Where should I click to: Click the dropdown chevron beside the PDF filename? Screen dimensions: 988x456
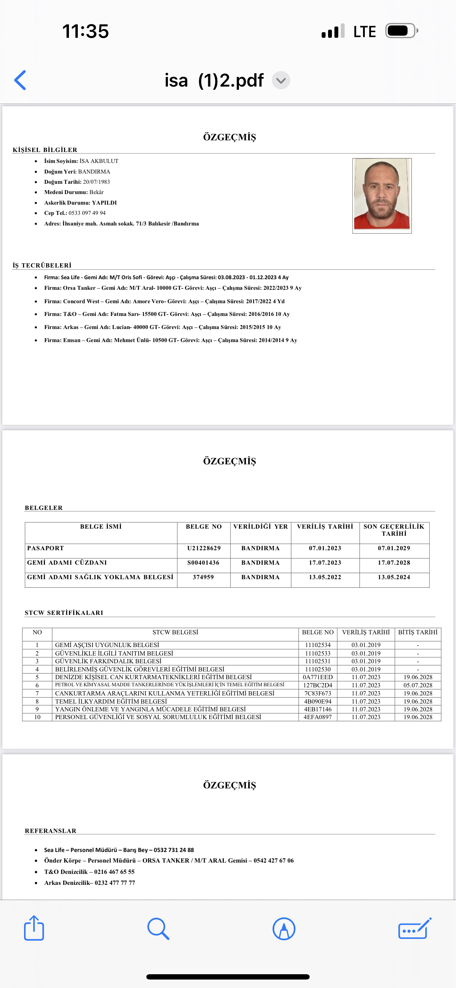pyautogui.click(x=281, y=81)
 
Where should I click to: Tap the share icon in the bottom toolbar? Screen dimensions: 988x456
pyautogui.click(x=34, y=928)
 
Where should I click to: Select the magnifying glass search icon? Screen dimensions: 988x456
pyautogui.click(x=158, y=929)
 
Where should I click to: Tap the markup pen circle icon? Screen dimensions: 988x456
pyautogui.click(x=283, y=929)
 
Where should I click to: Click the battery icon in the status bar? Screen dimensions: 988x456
pyautogui.click(x=401, y=31)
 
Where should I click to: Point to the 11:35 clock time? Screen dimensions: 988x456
pyautogui.click(x=86, y=31)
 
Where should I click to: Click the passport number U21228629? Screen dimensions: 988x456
pyautogui.click(x=204, y=548)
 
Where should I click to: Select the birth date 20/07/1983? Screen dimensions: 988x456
pyautogui.click(x=97, y=182)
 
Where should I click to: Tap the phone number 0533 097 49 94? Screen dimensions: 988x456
pyautogui.click(x=87, y=213)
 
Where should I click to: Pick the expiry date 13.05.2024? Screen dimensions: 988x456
pyautogui.click(x=394, y=577)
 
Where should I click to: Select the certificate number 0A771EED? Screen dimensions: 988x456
pyautogui.click(x=318, y=677)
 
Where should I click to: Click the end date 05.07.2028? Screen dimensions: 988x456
pyautogui.click(x=417, y=685)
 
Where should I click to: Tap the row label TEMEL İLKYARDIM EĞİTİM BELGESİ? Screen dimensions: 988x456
pyautogui.click(x=111, y=701)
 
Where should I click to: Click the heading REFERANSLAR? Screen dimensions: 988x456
pyautogui.click(x=51, y=831)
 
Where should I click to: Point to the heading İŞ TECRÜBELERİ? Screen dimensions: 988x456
pyautogui.click(x=42, y=265)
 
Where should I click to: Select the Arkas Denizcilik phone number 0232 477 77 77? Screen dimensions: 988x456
pyautogui.click(x=115, y=883)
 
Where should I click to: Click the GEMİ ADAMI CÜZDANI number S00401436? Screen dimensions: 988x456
pyautogui.click(x=204, y=563)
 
